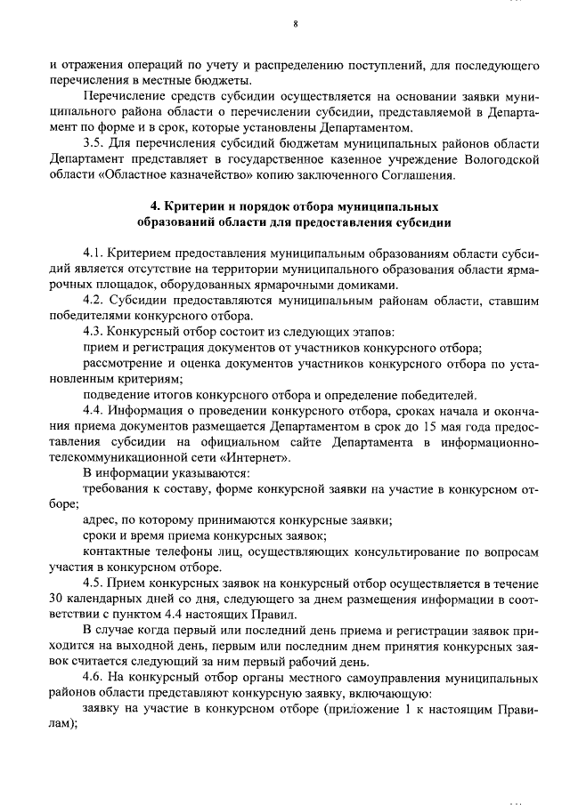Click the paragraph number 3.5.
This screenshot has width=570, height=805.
pos(92,143)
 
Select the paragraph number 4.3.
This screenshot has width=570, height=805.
pos(93,332)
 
